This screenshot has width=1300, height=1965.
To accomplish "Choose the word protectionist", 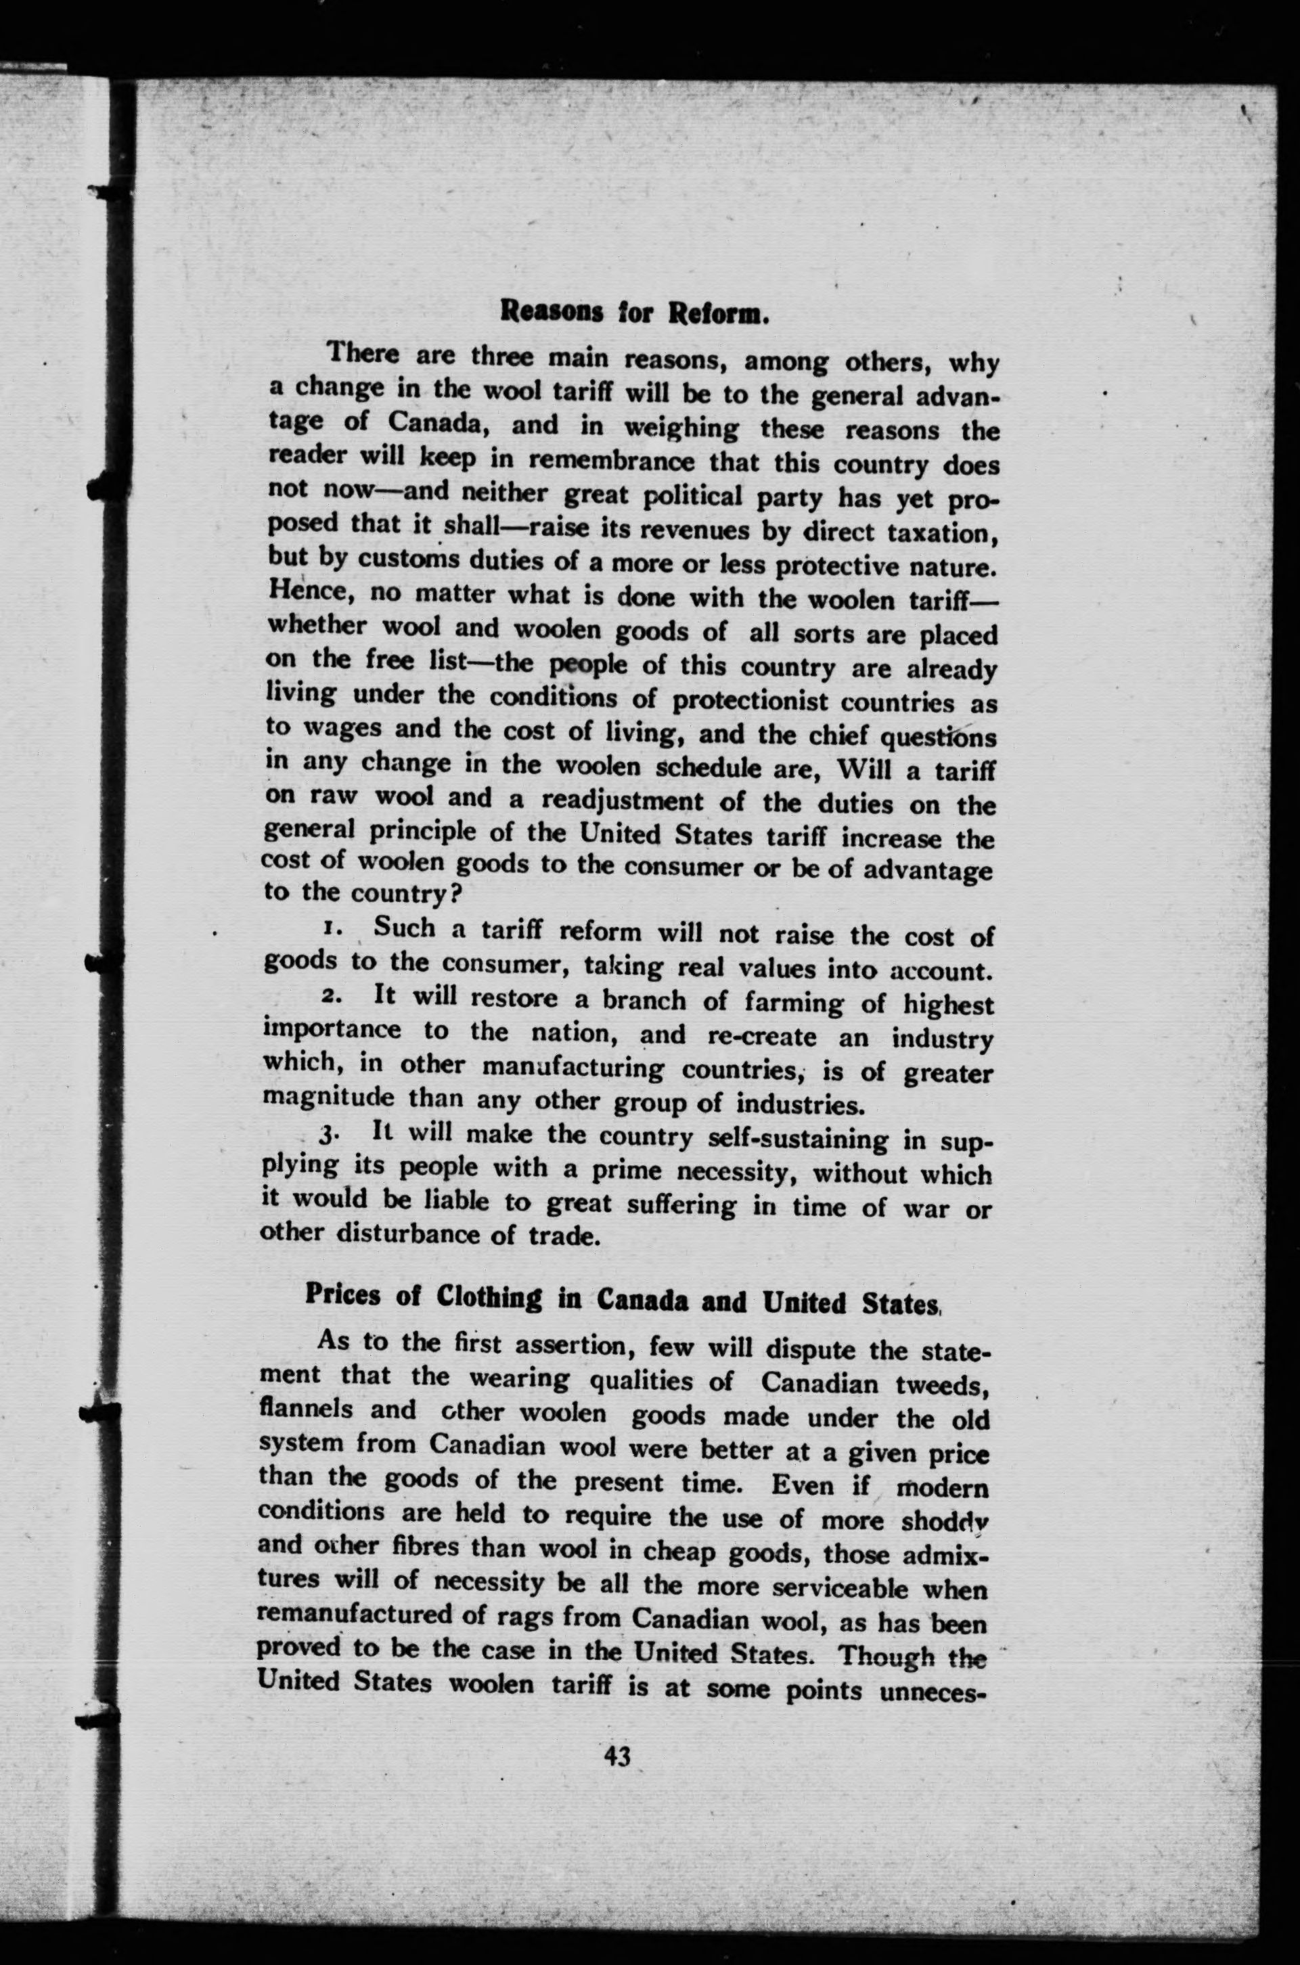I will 750,701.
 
